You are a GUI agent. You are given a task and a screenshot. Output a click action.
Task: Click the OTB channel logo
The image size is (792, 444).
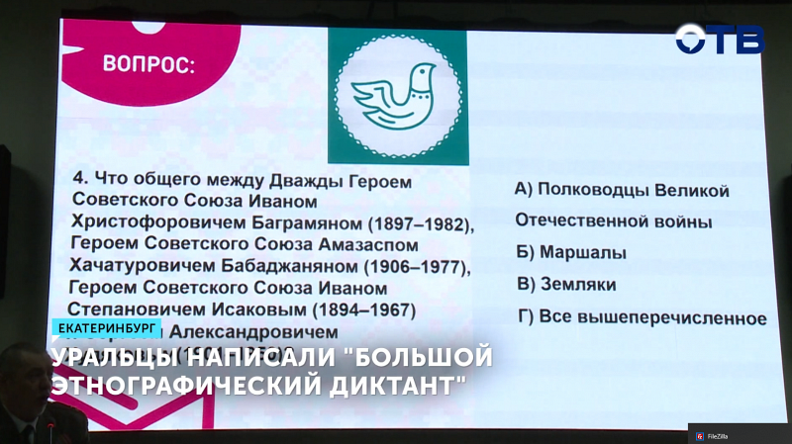[720, 40]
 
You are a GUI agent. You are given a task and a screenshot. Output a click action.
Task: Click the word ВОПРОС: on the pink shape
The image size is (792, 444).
[148, 66]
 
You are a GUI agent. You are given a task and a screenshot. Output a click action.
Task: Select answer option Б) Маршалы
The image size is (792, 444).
[571, 252]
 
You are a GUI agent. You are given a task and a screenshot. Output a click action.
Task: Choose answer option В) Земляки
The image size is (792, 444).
[566, 285]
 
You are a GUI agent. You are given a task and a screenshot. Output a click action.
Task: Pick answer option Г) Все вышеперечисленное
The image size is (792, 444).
[641, 317]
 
